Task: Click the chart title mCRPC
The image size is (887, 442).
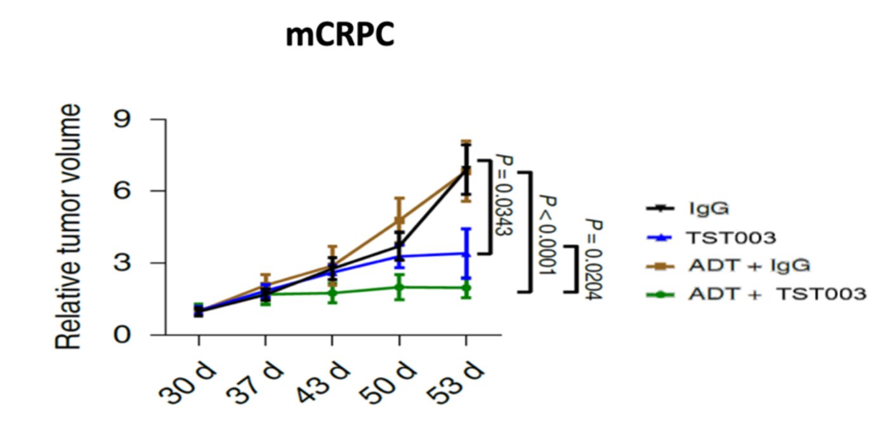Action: pos(339,36)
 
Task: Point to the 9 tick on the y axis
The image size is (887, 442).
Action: pos(123,120)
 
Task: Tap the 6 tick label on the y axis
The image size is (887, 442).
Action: pos(123,191)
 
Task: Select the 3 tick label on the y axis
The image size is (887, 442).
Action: pos(123,263)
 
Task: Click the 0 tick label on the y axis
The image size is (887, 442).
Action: pos(123,335)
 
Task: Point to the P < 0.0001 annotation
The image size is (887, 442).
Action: pos(547,234)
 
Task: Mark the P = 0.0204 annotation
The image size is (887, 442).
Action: pos(593,260)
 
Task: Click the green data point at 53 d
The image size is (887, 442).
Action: pos(466,288)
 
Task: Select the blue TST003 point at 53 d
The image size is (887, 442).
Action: pos(466,253)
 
